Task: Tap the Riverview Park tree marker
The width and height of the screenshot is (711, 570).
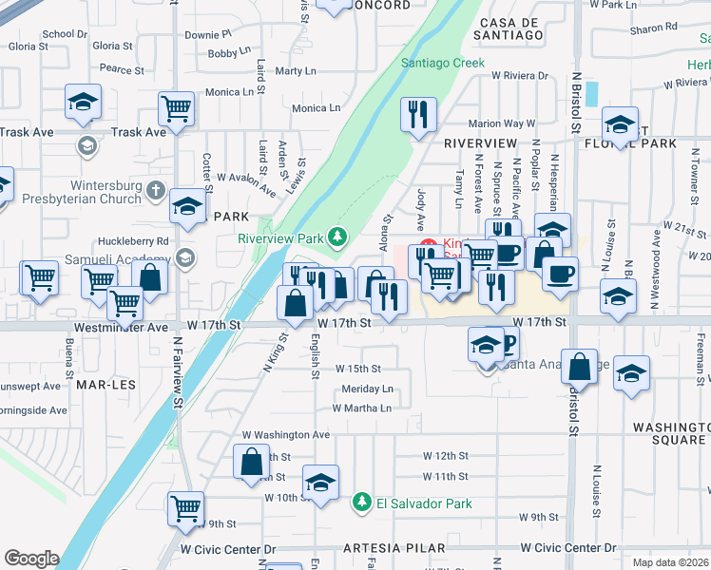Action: point(336,236)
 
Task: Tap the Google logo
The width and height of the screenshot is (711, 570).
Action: point(31,559)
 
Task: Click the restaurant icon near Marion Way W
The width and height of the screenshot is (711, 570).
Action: point(418,115)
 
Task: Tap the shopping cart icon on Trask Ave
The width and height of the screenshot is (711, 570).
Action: point(177,108)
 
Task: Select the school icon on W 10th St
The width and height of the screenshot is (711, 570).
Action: point(320,482)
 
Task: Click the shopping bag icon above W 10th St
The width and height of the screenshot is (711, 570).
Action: point(252,462)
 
